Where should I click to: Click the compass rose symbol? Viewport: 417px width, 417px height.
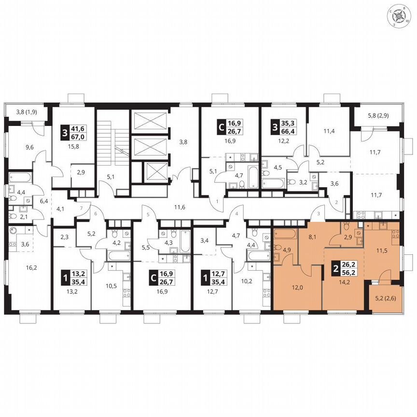(x=400, y=16)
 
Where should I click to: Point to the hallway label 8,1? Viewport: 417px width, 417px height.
(x=312, y=237)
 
